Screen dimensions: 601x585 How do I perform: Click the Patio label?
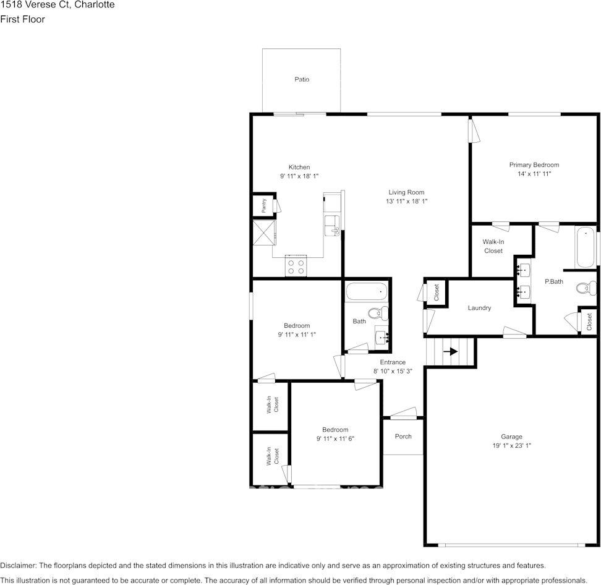point(302,79)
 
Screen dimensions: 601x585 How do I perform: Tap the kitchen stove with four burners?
point(296,266)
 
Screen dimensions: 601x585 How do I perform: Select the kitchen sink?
point(332,226)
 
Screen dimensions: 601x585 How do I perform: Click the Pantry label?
point(263,206)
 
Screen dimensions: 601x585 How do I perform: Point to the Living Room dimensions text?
point(406,201)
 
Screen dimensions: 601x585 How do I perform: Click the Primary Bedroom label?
point(534,165)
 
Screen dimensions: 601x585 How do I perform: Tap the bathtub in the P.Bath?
point(586,247)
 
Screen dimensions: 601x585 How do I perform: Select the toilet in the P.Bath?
point(586,288)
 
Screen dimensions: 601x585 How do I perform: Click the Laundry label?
point(479,308)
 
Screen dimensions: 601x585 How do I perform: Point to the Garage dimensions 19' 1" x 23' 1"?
point(512,445)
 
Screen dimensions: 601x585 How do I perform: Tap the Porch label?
point(403,436)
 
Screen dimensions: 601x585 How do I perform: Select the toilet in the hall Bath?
point(378,314)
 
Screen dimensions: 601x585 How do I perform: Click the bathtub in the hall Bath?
point(367,292)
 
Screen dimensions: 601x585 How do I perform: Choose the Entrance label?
point(393,362)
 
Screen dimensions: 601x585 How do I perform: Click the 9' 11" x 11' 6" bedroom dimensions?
point(335,438)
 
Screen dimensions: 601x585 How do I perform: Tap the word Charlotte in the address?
point(94,4)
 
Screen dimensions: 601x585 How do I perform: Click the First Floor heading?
point(23,19)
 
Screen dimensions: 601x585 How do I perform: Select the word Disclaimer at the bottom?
point(19,565)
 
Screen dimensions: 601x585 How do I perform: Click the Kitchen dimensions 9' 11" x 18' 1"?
point(299,176)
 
